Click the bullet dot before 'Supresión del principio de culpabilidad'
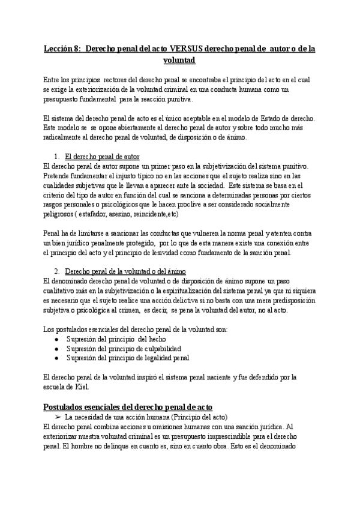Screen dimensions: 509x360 [56, 349]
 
